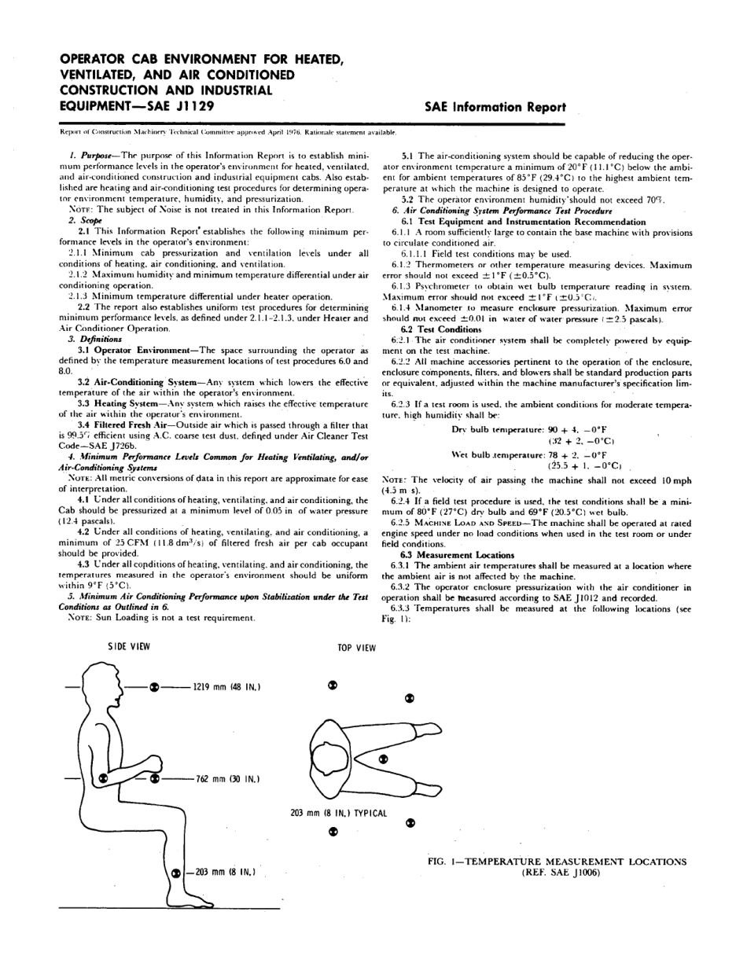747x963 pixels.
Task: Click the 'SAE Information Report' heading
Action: [x=495, y=107]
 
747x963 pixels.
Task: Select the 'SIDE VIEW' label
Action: [x=129, y=646]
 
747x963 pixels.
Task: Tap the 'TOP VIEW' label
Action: [x=356, y=648]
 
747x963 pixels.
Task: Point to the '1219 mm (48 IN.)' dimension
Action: [x=226, y=687]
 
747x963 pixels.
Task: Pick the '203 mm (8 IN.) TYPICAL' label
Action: [x=339, y=813]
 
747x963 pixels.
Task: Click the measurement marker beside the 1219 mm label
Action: [x=155, y=687]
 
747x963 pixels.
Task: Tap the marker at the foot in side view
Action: [x=176, y=872]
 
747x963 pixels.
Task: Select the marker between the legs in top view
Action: [x=383, y=759]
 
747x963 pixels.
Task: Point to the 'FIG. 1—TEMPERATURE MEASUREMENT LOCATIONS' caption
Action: [x=556, y=862]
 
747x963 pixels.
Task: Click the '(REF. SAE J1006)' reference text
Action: [x=557, y=873]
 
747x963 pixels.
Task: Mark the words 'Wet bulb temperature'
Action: [x=502, y=455]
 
